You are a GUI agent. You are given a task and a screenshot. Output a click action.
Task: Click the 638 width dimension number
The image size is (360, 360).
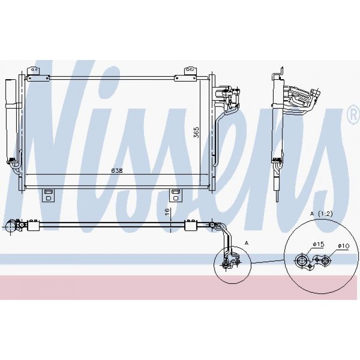coord(117,171)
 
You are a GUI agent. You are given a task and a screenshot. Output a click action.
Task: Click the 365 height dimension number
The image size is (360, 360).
coord(196,132)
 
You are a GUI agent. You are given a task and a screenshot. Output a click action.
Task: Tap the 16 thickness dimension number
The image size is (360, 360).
coord(167,211)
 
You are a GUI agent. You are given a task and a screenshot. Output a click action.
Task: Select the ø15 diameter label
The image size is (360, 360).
coord(318,244)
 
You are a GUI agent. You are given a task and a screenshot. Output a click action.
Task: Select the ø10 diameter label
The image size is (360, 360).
coord(344,246)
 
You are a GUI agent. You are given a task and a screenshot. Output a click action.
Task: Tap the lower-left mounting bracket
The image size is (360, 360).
coord(48,195)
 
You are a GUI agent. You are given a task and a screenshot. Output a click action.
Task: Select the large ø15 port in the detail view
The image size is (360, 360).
coord(300,261)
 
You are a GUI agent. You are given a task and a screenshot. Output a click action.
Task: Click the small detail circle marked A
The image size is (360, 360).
coord(232,264)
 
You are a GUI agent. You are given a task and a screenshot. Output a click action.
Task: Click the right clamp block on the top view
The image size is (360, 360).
coord(191,226)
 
